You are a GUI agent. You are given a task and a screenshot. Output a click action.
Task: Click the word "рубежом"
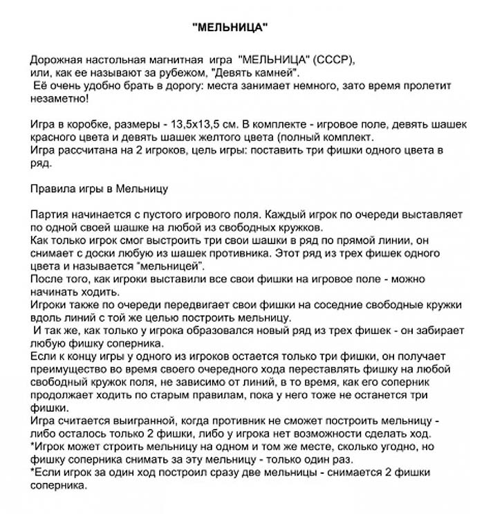[x=151, y=72]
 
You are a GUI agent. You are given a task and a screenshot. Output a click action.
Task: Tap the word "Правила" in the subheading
[x=51, y=187]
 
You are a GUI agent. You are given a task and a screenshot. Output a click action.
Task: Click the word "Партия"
[x=48, y=214]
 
